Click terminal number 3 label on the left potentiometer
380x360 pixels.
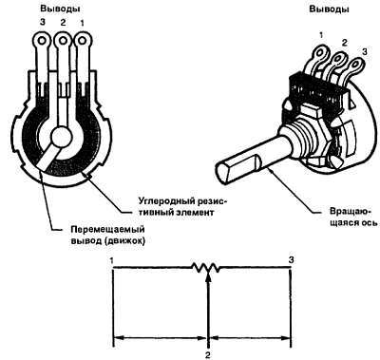pyautogui.click(x=42, y=23)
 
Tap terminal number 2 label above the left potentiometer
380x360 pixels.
pyautogui.click(x=63, y=23)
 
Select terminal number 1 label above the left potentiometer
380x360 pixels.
pyautogui.click(x=82, y=23)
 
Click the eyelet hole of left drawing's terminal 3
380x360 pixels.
pyautogui.click(x=42, y=40)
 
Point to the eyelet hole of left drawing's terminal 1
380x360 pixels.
pyautogui.click(x=83, y=40)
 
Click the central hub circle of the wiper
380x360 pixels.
pyautogui.click(x=62, y=137)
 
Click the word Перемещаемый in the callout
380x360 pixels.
pyautogui.click(x=107, y=229)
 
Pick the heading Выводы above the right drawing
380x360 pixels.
pyautogui.click(x=330, y=9)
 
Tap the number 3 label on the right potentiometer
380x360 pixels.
pyautogui.click(x=365, y=52)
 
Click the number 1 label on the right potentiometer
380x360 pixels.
pyautogui.click(x=322, y=35)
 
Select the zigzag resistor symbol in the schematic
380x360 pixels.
pyautogui.click(x=206, y=268)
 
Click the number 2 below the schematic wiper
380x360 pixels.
pyautogui.click(x=208, y=355)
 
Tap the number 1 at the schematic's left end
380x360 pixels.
pyautogui.click(x=111, y=260)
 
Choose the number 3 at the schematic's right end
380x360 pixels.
pyautogui.click(x=292, y=260)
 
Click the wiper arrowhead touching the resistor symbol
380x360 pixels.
pyautogui.click(x=208, y=276)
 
